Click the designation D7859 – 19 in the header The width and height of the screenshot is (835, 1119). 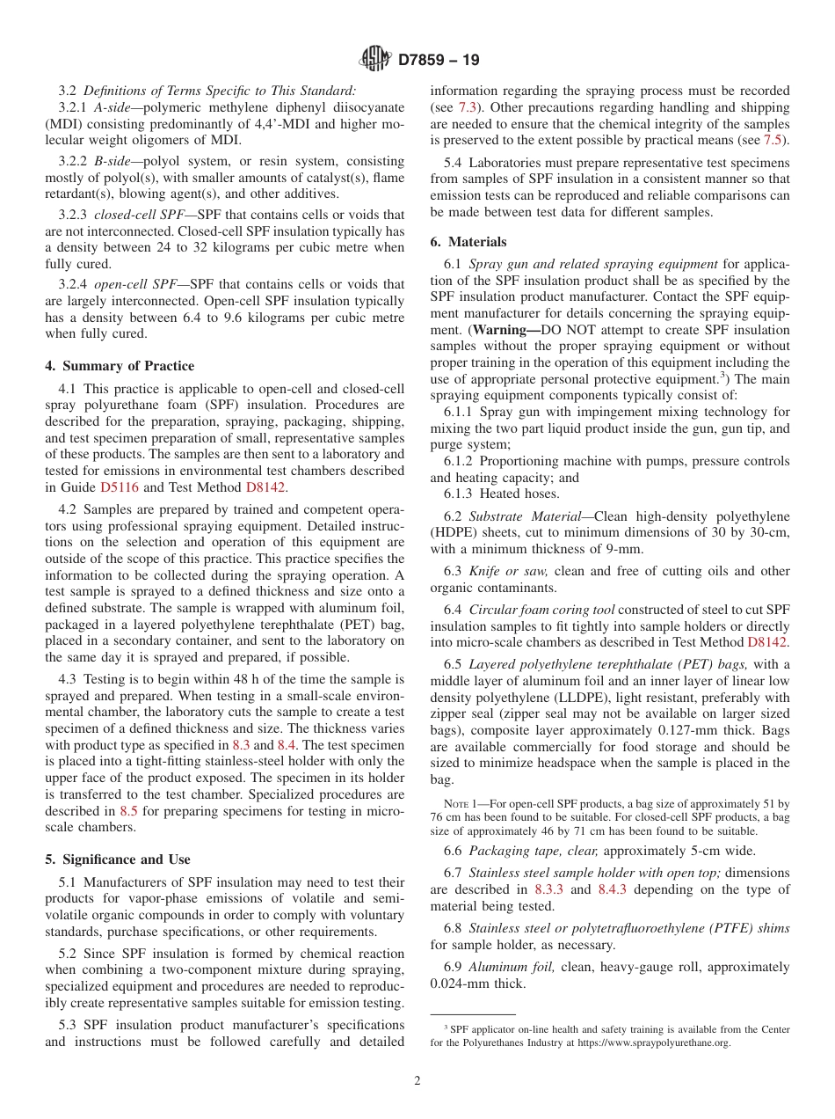(439, 61)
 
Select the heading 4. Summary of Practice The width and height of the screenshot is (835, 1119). (120, 366)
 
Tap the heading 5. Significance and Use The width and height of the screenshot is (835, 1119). (117, 859)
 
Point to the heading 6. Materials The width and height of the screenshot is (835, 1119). (468, 242)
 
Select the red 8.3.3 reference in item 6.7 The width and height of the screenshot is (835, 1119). (549, 889)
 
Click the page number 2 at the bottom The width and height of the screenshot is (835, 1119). (417, 1081)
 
